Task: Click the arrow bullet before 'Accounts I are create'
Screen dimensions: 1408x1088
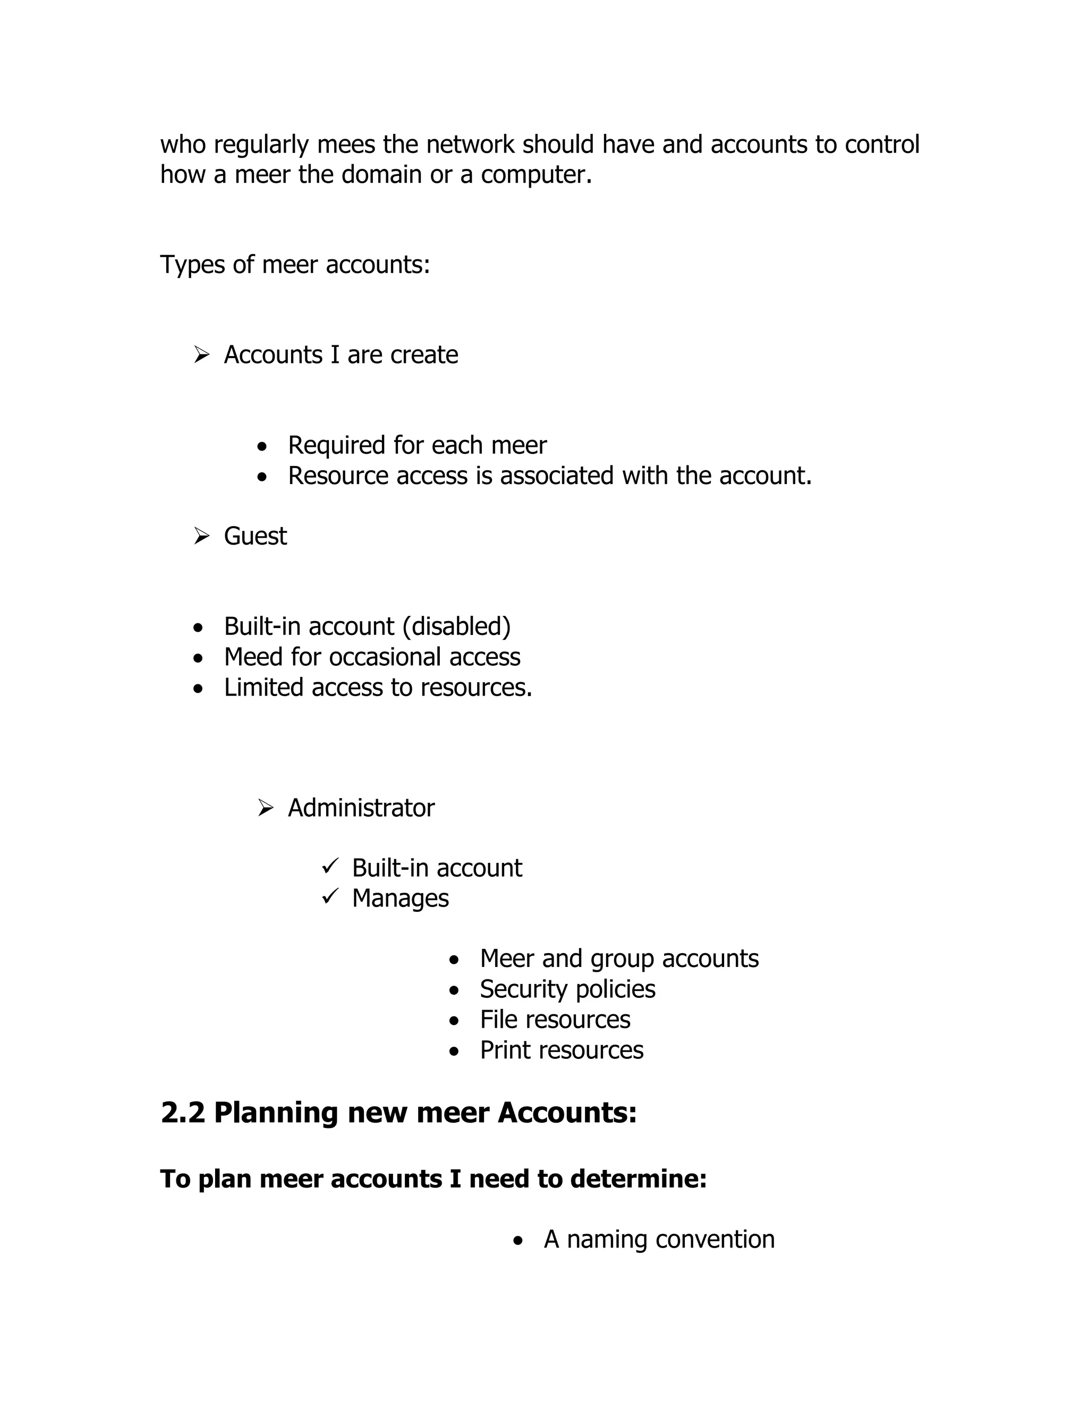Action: click(x=202, y=354)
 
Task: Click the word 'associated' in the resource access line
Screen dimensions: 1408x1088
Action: click(x=557, y=476)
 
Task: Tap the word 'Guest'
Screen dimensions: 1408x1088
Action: click(x=255, y=537)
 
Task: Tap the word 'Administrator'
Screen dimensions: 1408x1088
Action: click(x=361, y=808)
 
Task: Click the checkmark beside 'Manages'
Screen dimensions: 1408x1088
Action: click(x=330, y=896)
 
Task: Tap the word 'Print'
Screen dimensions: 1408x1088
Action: click(x=506, y=1051)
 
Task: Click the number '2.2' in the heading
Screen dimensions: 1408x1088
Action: click(x=182, y=1113)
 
